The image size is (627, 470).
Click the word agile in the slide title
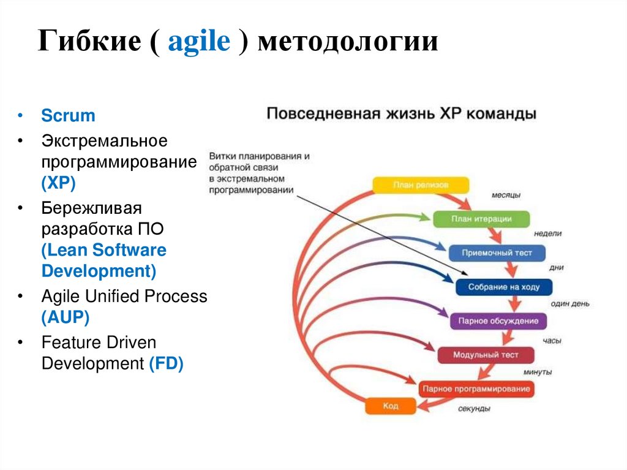[198, 42]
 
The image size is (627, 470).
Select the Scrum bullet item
[68, 116]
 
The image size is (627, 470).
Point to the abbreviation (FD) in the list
[166, 363]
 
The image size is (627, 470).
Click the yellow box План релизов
[421, 185]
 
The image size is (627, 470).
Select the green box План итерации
[481, 219]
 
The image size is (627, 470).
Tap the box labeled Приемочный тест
[497, 252]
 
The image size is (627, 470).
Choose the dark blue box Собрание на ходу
[504, 287]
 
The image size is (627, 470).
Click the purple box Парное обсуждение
[498, 320]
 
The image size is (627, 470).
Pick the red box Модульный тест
[486, 355]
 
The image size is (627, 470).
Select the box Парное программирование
[476, 389]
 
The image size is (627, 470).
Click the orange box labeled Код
[391, 406]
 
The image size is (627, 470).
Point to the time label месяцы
[506, 195]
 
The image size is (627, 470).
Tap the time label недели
[547, 233]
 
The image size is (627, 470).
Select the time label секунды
[473, 409]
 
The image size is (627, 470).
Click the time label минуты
[537, 372]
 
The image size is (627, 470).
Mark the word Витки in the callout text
[220, 157]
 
